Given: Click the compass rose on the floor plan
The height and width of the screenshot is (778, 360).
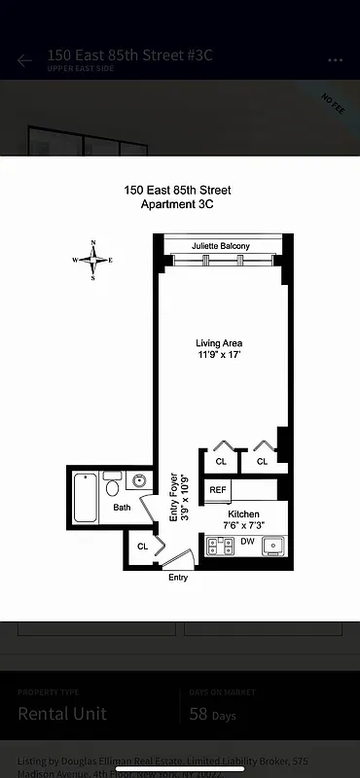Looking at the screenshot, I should tap(93, 260).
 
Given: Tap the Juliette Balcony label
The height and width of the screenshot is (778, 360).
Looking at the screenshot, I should tap(220, 246).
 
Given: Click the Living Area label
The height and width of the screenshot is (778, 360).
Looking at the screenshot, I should tap(219, 343).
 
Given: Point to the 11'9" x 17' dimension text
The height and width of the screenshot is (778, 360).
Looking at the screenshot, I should tap(219, 356).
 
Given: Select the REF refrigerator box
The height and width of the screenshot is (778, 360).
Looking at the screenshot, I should tap(218, 490).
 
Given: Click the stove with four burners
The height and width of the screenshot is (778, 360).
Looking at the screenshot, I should tap(220, 546).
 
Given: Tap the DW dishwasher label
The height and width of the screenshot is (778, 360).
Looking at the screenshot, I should tap(247, 542).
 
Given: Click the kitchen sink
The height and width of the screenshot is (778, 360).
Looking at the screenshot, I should tap(273, 546).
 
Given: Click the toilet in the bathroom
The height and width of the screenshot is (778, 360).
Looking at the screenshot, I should tap(113, 486).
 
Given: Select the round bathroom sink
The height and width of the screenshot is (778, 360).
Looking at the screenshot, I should tap(139, 480).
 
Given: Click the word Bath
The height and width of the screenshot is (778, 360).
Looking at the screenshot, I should tap(122, 508).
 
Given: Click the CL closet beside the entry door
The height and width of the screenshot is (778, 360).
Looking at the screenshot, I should tap(142, 547).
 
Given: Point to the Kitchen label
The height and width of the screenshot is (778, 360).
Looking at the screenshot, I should tap(243, 513).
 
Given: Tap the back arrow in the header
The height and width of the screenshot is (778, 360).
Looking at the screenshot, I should tap(24, 60).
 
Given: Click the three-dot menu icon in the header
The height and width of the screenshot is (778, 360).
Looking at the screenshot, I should tap(336, 60).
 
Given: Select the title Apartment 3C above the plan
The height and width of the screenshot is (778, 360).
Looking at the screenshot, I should tap(177, 204).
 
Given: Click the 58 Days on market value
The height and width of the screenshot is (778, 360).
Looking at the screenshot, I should tap(211, 715).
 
